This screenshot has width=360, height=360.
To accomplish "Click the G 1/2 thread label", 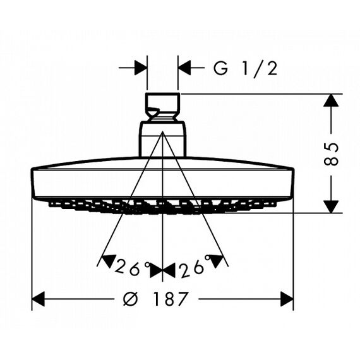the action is (245, 69).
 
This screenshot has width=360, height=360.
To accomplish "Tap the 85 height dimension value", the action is (331, 153).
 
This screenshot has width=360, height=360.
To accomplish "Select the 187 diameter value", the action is (171, 299).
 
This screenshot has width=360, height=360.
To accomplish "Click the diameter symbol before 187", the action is (130, 299).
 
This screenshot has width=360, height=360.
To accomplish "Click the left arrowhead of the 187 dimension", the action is (38, 299).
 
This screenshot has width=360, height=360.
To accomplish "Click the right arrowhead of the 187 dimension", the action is (287, 299).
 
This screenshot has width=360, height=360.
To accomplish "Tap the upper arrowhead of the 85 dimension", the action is (331, 100).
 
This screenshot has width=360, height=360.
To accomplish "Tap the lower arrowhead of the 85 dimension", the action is (331, 207).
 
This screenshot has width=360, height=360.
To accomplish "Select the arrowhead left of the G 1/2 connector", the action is (141, 68).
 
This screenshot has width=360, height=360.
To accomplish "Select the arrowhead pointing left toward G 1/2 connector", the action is (184, 68).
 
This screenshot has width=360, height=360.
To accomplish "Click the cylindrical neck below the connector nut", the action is (162, 140).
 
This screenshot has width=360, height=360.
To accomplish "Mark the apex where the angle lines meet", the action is (162, 131).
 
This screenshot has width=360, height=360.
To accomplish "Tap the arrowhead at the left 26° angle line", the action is (109, 261).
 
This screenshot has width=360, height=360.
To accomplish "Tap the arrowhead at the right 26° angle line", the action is (216, 261).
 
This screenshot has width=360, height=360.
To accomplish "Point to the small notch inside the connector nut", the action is (152, 111).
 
